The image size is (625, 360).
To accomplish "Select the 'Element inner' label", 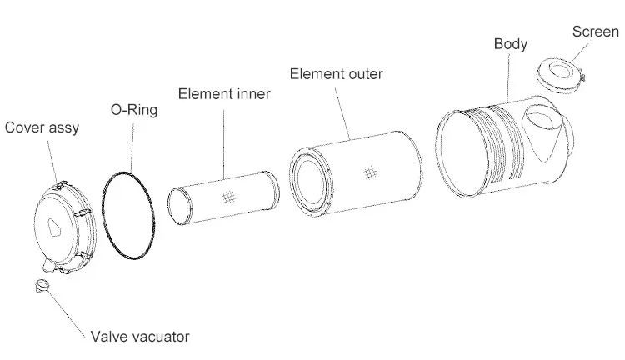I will click(224, 93).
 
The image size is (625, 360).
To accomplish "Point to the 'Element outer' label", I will click(336, 74).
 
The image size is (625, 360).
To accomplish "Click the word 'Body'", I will click(510, 44).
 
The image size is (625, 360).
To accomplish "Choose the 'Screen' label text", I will click(595, 32).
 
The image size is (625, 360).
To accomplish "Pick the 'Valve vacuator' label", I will click(140, 337).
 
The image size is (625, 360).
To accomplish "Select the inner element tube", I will click(223, 197).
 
